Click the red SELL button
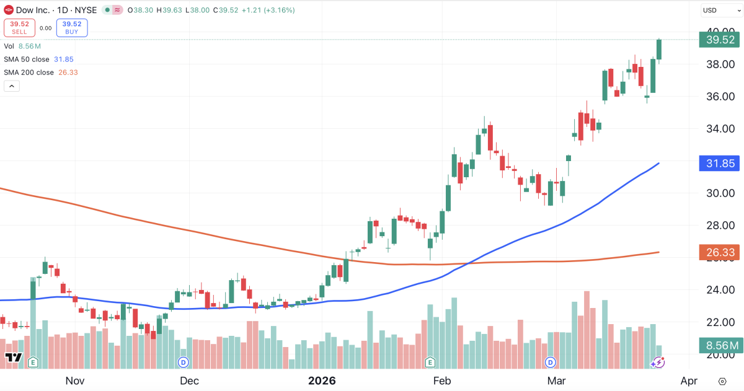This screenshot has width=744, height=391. pos(19,28)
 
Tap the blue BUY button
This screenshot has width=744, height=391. pos(72,28)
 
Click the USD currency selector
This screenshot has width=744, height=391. pos(717,11)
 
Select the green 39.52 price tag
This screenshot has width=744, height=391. pos(719,40)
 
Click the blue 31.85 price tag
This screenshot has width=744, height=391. pos(719,164)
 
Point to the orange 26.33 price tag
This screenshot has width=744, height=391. pos(719,252)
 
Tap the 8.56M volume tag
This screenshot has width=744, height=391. pos(720,346)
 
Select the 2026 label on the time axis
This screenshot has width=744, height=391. pos(322,380)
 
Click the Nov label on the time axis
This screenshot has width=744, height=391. pos(74,380)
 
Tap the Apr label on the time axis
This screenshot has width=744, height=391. pos(689,380)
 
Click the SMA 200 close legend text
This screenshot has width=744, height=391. pos(29,72)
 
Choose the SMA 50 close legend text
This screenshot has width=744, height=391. pos(27,59)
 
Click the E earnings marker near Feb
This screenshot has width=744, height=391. pos(430,362)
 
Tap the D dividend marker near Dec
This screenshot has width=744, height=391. pos(183,362)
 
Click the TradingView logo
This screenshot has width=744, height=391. pos(14,358)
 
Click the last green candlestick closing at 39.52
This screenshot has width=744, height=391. pos(659,50)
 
